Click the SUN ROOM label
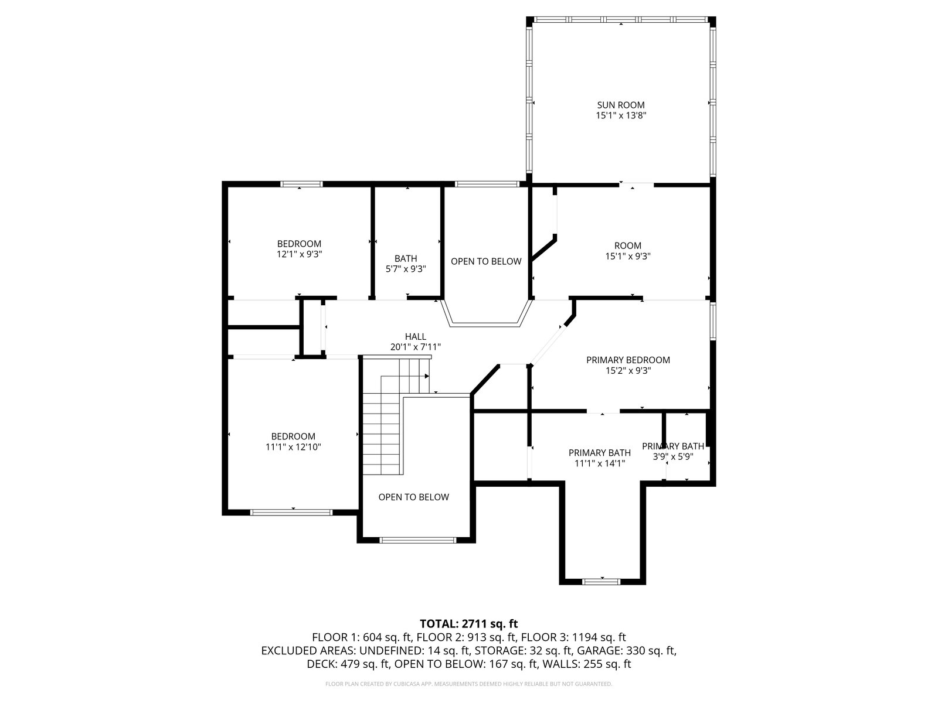pos(620,105)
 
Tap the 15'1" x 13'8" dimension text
pos(620,115)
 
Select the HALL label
pos(416,337)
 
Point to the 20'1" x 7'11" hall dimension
pos(416,347)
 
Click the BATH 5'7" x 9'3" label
pos(406,264)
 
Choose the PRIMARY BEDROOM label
pos(628,360)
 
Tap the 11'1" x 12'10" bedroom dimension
pos(293,447)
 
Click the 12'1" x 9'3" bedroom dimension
pos(299,254)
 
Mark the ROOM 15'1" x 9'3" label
pos(628,251)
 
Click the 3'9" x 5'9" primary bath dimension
pos(672,457)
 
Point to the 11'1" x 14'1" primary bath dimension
pos(600,463)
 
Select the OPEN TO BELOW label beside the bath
pos(486,261)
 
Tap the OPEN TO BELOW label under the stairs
pos(414,497)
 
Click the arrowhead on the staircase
pos(426,376)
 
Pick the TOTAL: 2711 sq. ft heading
pos(469,624)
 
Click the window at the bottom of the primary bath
pos(601,581)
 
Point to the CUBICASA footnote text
pos(469,684)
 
